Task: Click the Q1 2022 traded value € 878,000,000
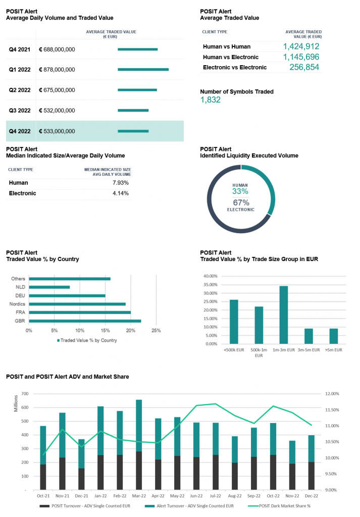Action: pyautogui.click(x=57, y=70)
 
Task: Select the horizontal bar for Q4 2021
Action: pyautogui.click(x=137, y=49)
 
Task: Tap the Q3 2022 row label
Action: pyautogui.click(x=20, y=111)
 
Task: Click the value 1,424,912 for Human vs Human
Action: pyautogui.click(x=301, y=46)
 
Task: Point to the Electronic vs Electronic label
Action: pyautogui.click(x=235, y=67)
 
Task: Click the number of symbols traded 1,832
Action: pyautogui.click(x=211, y=99)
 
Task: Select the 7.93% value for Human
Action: pyautogui.click(x=121, y=183)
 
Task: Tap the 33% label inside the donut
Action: pyautogui.click(x=240, y=191)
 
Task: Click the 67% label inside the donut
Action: pyautogui.click(x=241, y=202)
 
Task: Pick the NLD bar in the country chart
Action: pyautogui.click(x=49, y=287)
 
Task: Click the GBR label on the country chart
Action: pyautogui.click(x=20, y=321)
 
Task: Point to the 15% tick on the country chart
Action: pyautogui.click(x=105, y=330)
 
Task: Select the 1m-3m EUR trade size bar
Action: pyautogui.click(x=284, y=315)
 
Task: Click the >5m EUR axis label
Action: pyautogui.click(x=334, y=350)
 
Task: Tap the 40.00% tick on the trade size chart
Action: pyautogui.click(x=211, y=276)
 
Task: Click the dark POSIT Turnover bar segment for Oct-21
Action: pyautogui.click(x=43, y=477)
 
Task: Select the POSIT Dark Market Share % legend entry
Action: pyautogui.click(x=279, y=506)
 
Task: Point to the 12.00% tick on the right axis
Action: pyautogui.click(x=332, y=394)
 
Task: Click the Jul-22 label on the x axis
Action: pyautogui.click(x=216, y=496)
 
